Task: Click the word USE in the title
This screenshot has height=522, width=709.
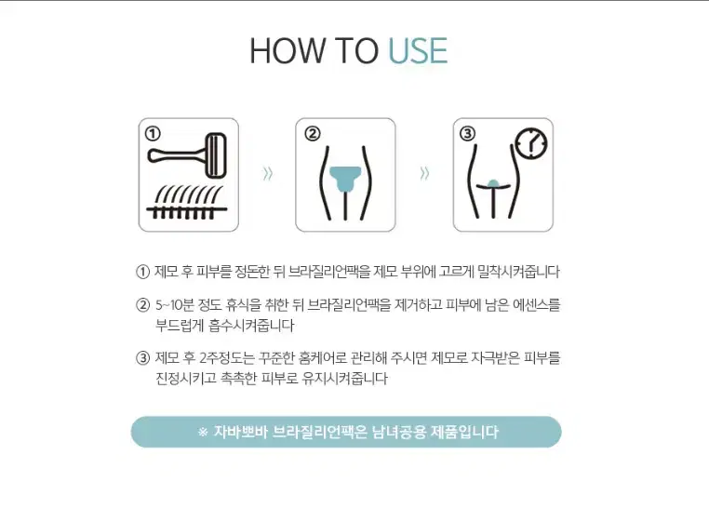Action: click(419, 50)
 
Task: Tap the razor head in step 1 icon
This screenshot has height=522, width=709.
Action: click(216, 155)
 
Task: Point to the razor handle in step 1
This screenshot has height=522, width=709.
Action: click(177, 156)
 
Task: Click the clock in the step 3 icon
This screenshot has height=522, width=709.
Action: click(531, 143)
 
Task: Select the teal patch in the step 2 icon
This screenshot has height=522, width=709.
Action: click(345, 179)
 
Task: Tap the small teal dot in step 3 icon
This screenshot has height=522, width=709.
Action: click(493, 182)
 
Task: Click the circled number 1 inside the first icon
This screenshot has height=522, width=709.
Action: click(153, 133)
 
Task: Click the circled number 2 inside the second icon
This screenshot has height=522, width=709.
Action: click(313, 133)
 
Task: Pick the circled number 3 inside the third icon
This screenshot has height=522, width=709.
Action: click(467, 133)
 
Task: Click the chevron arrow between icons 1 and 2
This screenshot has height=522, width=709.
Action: click(268, 173)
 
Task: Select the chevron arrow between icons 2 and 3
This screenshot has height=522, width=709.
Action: click(424, 173)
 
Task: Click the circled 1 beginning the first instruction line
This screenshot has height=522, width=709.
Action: click(142, 272)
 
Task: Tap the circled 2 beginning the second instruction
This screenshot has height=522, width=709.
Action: click(142, 305)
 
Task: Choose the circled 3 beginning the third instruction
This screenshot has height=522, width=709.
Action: click(142, 358)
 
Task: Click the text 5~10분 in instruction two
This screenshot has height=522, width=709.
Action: click(175, 305)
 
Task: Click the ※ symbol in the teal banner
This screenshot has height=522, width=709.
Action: click(203, 432)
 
